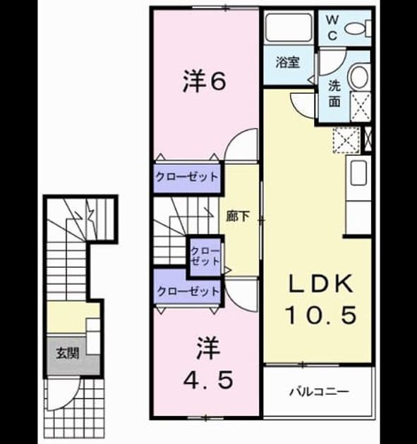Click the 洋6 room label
pyautogui.click(x=204, y=82)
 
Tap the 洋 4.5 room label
pyautogui.click(x=208, y=363)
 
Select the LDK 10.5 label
pyautogui.click(x=321, y=300)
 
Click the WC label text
pyautogui.click(x=333, y=27)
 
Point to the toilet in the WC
pyautogui.click(x=358, y=28)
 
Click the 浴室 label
pyautogui.click(x=288, y=62)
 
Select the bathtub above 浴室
pyautogui.click(x=289, y=27)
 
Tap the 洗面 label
pyautogui.click(x=334, y=94)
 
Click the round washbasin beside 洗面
pyautogui.click(x=360, y=77)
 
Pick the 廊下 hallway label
pyautogui.click(x=238, y=217)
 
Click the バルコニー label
pyautogui.click(x=319, y=393)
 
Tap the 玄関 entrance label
pyautogui.click(x=67, y=353)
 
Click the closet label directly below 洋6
pyautogui.click(x=187, y=178)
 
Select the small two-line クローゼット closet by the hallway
pyautogui.click(x=205, y=257)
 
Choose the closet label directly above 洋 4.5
pyautogui.click(x=188, y=291)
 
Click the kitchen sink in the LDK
pyautogui.click(x=358, y=173)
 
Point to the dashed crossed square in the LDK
pyautogui.click(x=346, y=140)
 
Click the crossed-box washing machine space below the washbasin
pyautogui.click(x=361, y=106)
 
